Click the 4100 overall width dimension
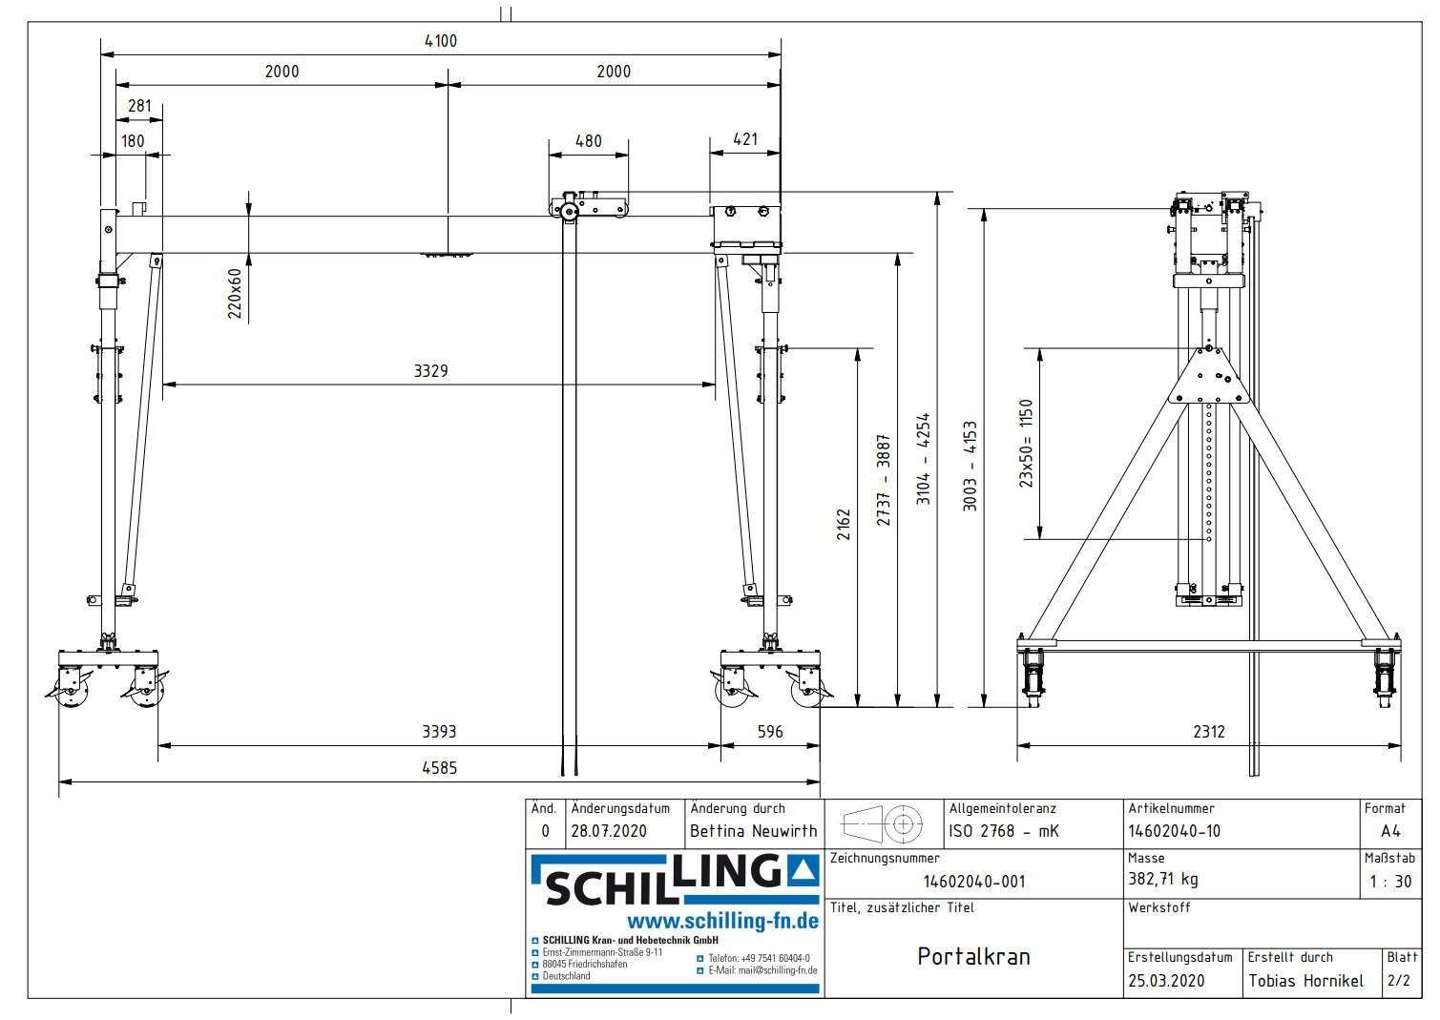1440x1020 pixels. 441,41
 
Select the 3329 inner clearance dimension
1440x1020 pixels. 430,371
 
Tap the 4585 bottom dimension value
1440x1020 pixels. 439,768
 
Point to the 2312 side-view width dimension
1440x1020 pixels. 1208,732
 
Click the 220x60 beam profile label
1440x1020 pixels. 235,294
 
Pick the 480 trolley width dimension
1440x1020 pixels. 588,141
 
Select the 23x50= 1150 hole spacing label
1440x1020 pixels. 1026,444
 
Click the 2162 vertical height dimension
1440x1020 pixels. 844,524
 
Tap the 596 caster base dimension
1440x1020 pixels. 769,732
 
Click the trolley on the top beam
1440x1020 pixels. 588,206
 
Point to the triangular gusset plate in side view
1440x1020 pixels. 1208,378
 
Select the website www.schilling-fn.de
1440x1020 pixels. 722,921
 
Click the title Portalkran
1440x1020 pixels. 973,957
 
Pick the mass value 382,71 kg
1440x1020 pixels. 1162,879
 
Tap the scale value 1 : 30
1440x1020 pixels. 1389,882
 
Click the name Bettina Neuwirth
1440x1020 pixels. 753,831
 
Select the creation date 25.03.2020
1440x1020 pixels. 1165,981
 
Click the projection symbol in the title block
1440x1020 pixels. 883,823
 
